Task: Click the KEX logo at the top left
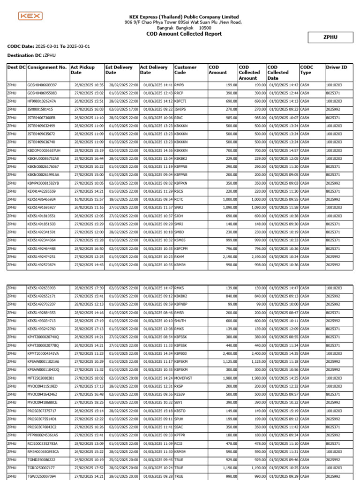[x=30, y=16]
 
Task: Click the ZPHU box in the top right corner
[x=330, y=37]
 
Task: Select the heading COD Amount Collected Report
[x=184, y=34]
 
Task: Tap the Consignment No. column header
[x=47, y=67]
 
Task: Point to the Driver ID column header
[x=337, y=67]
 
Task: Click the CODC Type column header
[x=307, y=70]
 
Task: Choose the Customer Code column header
[x=185, y=70]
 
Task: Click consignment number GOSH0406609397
[x=42, y=85]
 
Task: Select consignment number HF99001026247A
[x=42, y=101]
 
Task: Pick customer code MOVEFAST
[x=183, y=378]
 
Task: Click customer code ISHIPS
[x=180, y=109]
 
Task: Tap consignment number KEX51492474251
[x=41, y=257]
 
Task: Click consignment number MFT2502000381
[x=41, y=378]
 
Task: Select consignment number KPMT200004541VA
[x=43, y=353]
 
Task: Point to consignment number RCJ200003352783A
[x=43, y=443]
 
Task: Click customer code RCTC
[x=179, y=199]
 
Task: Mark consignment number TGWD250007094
[x=41, y=476]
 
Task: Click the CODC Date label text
[x=21, y=46]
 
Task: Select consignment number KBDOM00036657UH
[x=44, y=150]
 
